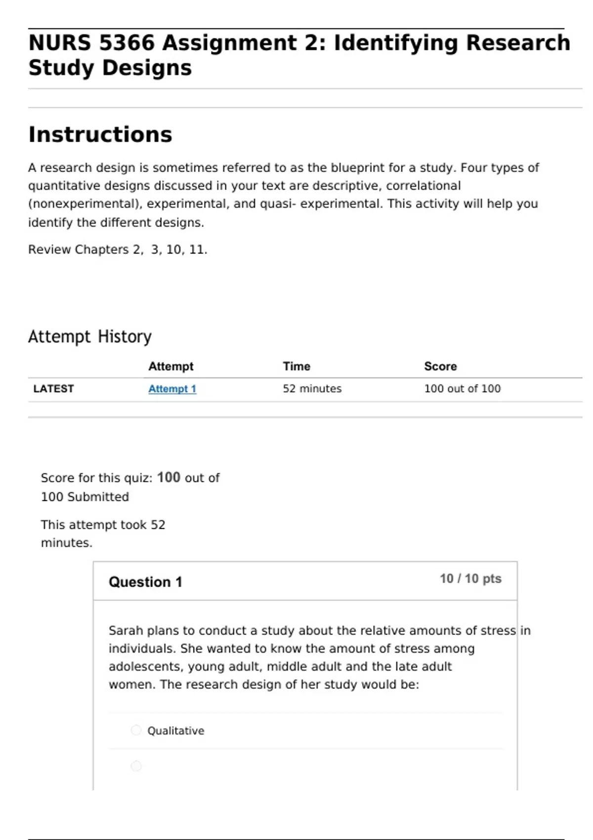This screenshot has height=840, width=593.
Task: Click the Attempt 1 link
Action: (172, 389)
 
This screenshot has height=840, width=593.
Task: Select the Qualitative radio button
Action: (136, 730)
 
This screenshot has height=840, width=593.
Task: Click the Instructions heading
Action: (100, 134)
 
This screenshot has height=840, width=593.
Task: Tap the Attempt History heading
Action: (89, 336)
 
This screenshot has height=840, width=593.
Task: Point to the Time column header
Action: (296, 366)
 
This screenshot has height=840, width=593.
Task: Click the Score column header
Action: (440, 366)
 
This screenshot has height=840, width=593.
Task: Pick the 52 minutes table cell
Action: (312, 389)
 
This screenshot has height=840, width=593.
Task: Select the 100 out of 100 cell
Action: (462, 389)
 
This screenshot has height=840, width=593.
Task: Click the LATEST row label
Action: (53, 389)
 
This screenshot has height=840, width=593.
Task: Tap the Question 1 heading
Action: (145, 582)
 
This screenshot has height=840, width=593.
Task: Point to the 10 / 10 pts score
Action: (470, 579)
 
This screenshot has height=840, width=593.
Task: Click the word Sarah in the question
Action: (126, 631)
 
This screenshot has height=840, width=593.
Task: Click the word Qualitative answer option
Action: (175, 731)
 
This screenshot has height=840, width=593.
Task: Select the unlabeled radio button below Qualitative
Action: (136, 766)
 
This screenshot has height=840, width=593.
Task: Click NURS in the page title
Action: (59, 43)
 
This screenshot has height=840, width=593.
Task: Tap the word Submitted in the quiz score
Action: (98, 497)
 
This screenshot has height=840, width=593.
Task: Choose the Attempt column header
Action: (170, 366)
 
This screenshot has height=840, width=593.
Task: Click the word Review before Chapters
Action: (49, 250)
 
